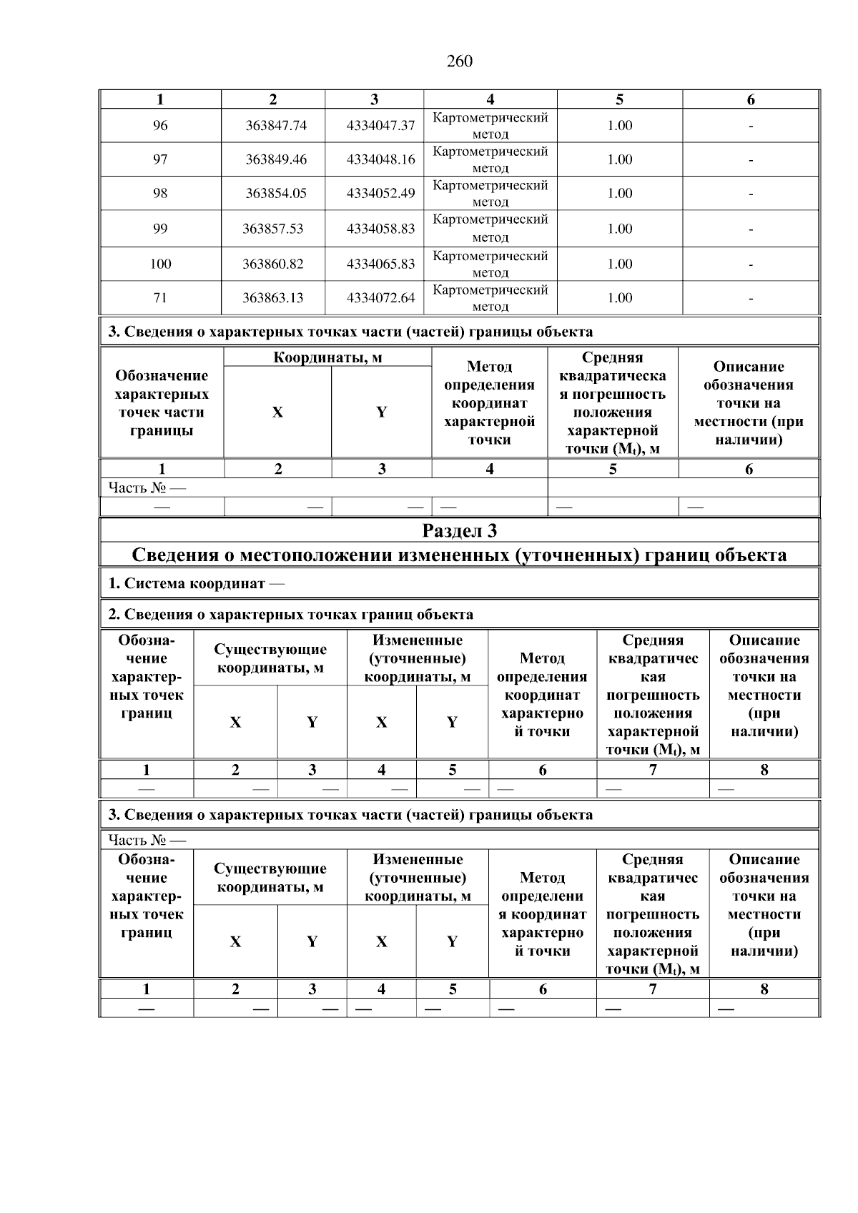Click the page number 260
point(459,61)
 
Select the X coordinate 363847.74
point(275,126)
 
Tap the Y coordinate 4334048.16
point(380,159)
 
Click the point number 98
point(160,193)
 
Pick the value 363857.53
point(272,229)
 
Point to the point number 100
point(160,264)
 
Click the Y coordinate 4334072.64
point(380,298)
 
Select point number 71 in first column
point(160,298)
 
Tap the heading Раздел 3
point(459,530)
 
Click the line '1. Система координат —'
point(196,583)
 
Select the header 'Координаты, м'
point(327,357)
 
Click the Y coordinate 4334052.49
point(380,193)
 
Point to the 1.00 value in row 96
point(619,126)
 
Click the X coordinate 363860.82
point(272,264)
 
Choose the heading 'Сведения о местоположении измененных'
point(459,555)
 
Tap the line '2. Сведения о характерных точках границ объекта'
point(290,614)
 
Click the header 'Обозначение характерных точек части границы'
point(162,402)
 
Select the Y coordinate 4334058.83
point(380,229)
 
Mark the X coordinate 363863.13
point(272,298)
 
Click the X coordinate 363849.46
point(275,159)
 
